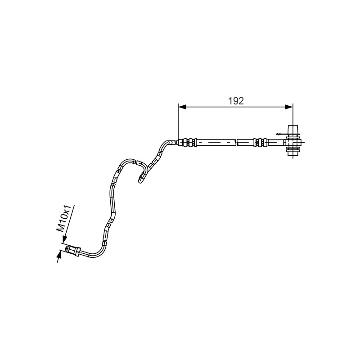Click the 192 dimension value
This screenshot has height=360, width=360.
(236, 101)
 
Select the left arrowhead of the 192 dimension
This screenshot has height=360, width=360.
(182, 107)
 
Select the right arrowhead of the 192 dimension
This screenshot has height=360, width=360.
(289, 107)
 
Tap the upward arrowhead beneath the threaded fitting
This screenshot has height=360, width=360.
(59, 254)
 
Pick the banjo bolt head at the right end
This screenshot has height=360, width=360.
(293, 129)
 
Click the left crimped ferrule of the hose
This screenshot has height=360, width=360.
(189, 142)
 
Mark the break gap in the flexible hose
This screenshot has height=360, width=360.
(237, 142)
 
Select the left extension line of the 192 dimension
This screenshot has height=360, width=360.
(178, 124)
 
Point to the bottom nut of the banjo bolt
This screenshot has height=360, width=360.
(293, 152)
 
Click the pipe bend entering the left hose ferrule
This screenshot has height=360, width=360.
(169, 144)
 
